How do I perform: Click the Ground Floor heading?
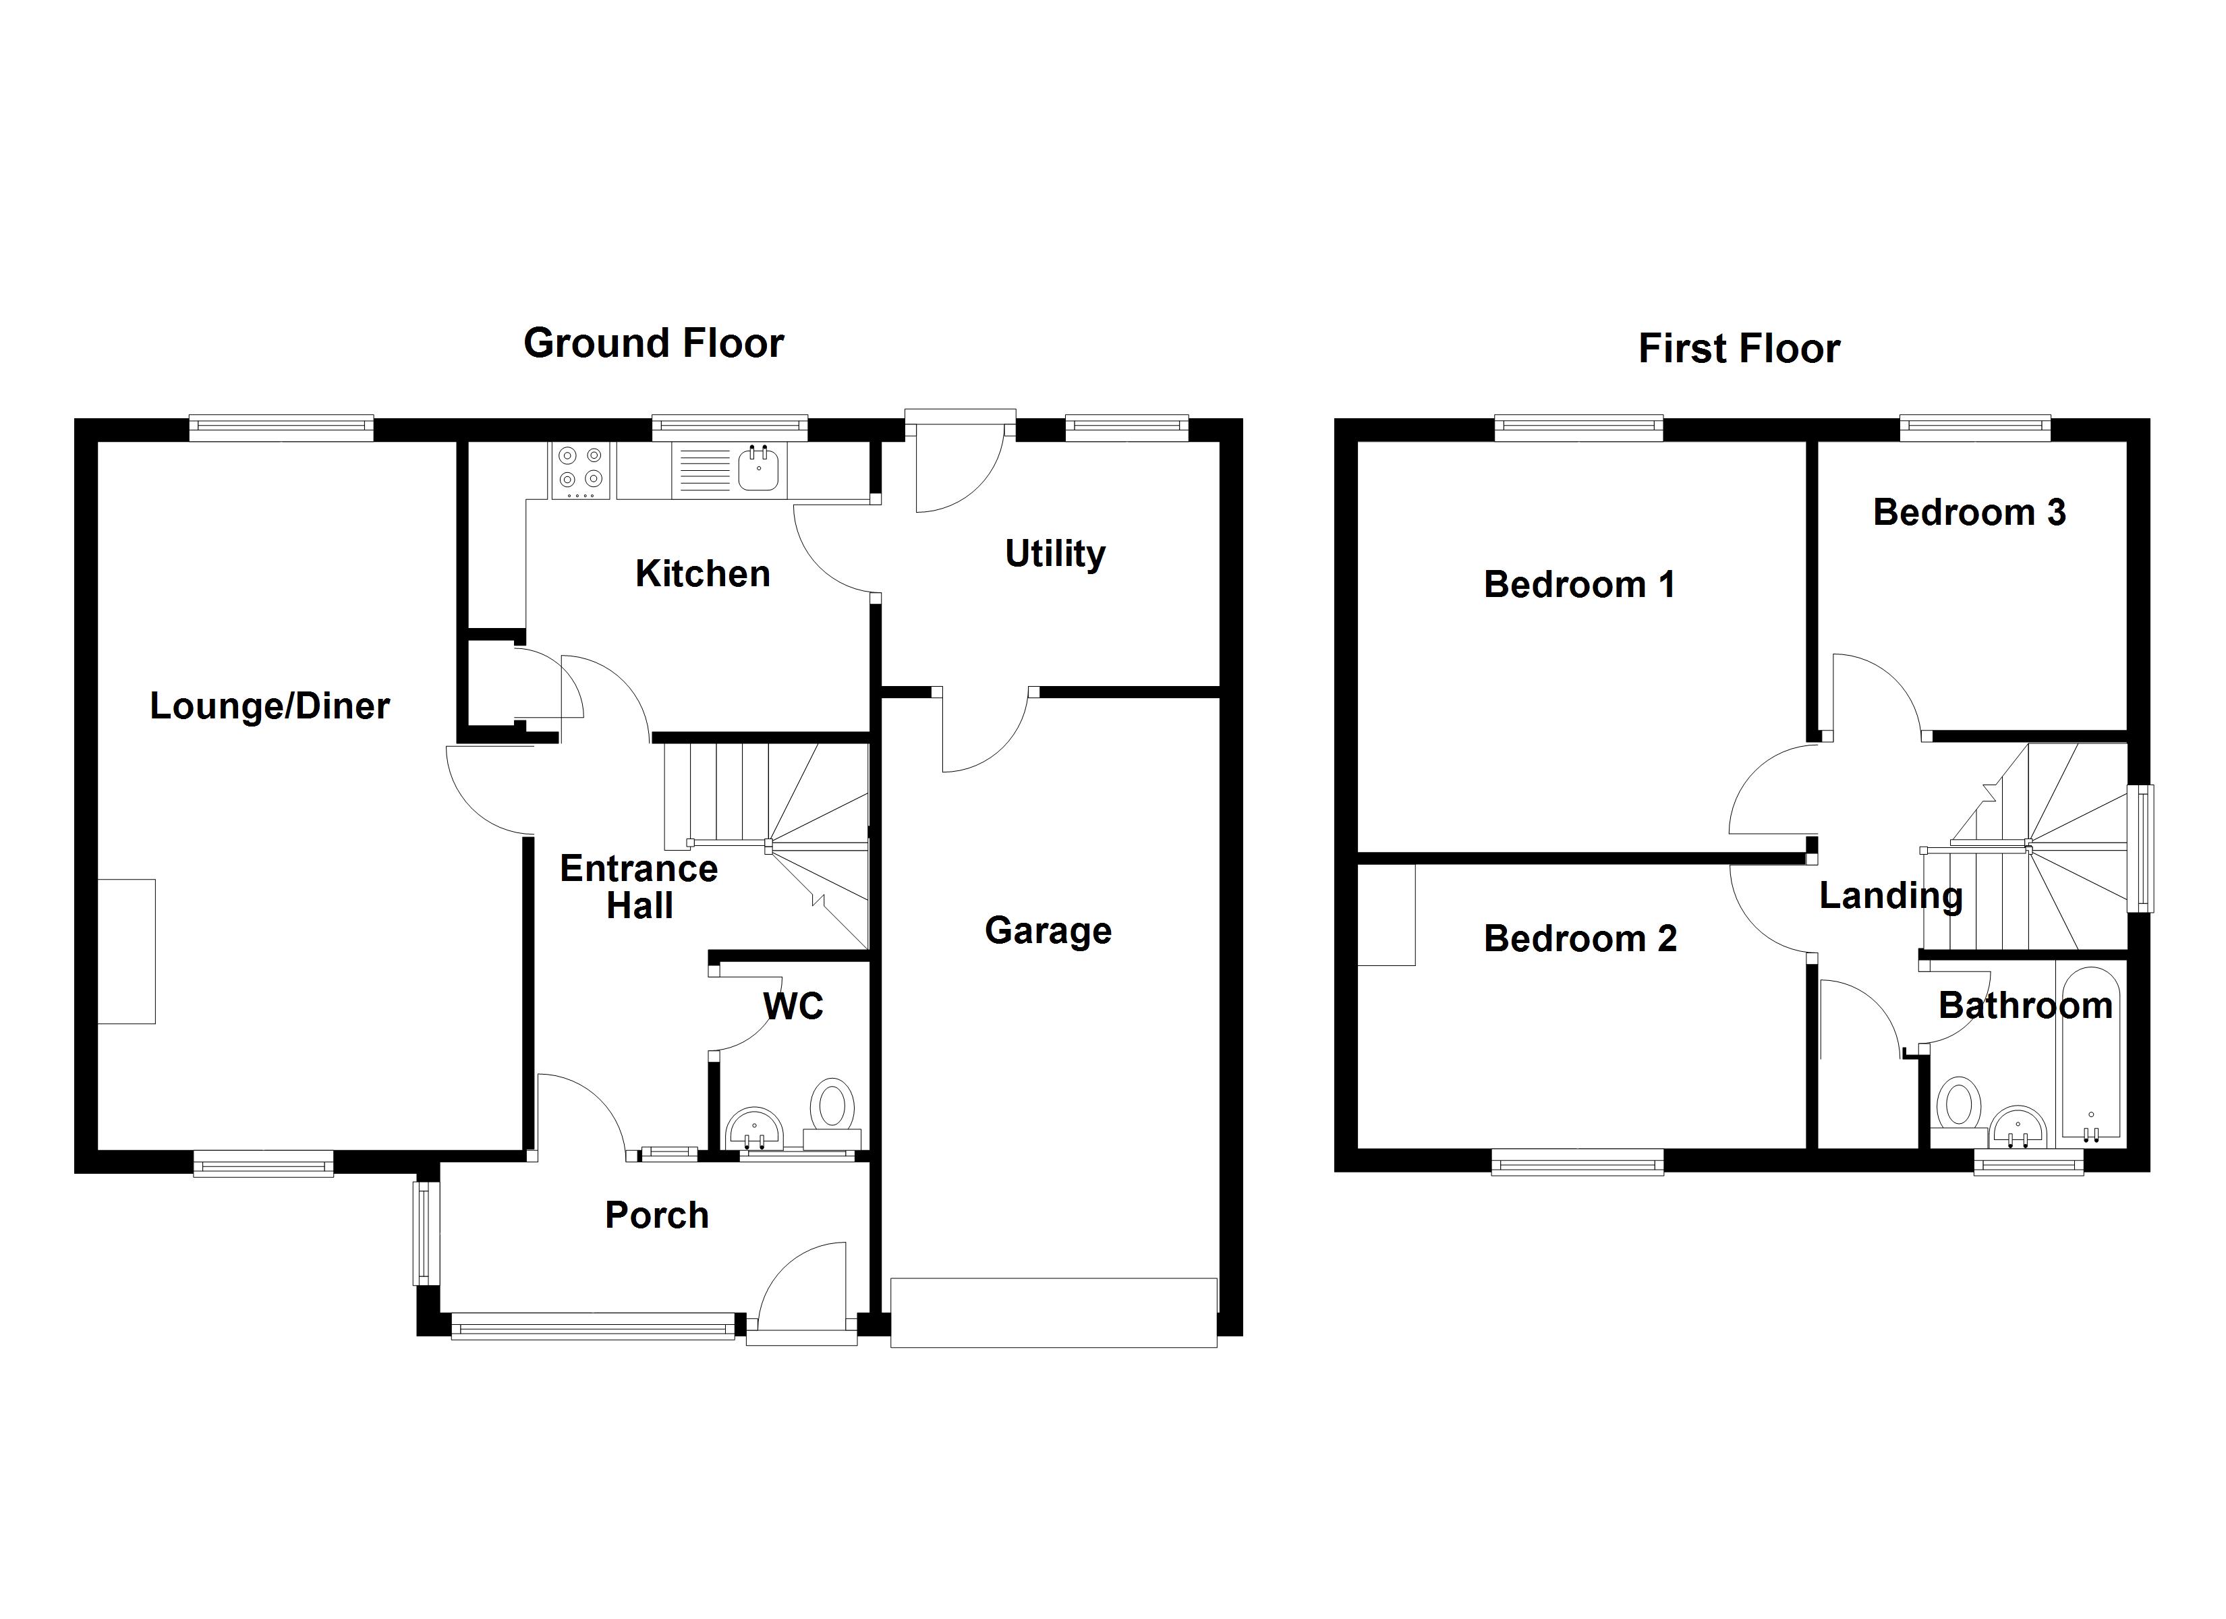653,343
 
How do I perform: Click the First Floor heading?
1738,349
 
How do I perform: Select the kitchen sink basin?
759,467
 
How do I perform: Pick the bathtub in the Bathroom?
2090,1056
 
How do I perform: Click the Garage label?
1048,931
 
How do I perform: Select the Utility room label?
1054,554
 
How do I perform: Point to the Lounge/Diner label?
269,706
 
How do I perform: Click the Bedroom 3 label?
1969,513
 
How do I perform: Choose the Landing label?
1890,895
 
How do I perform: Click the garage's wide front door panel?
1053,1311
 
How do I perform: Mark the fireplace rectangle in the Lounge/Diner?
127,951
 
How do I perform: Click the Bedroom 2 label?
1579,938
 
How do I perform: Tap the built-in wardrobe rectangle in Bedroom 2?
1386,915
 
